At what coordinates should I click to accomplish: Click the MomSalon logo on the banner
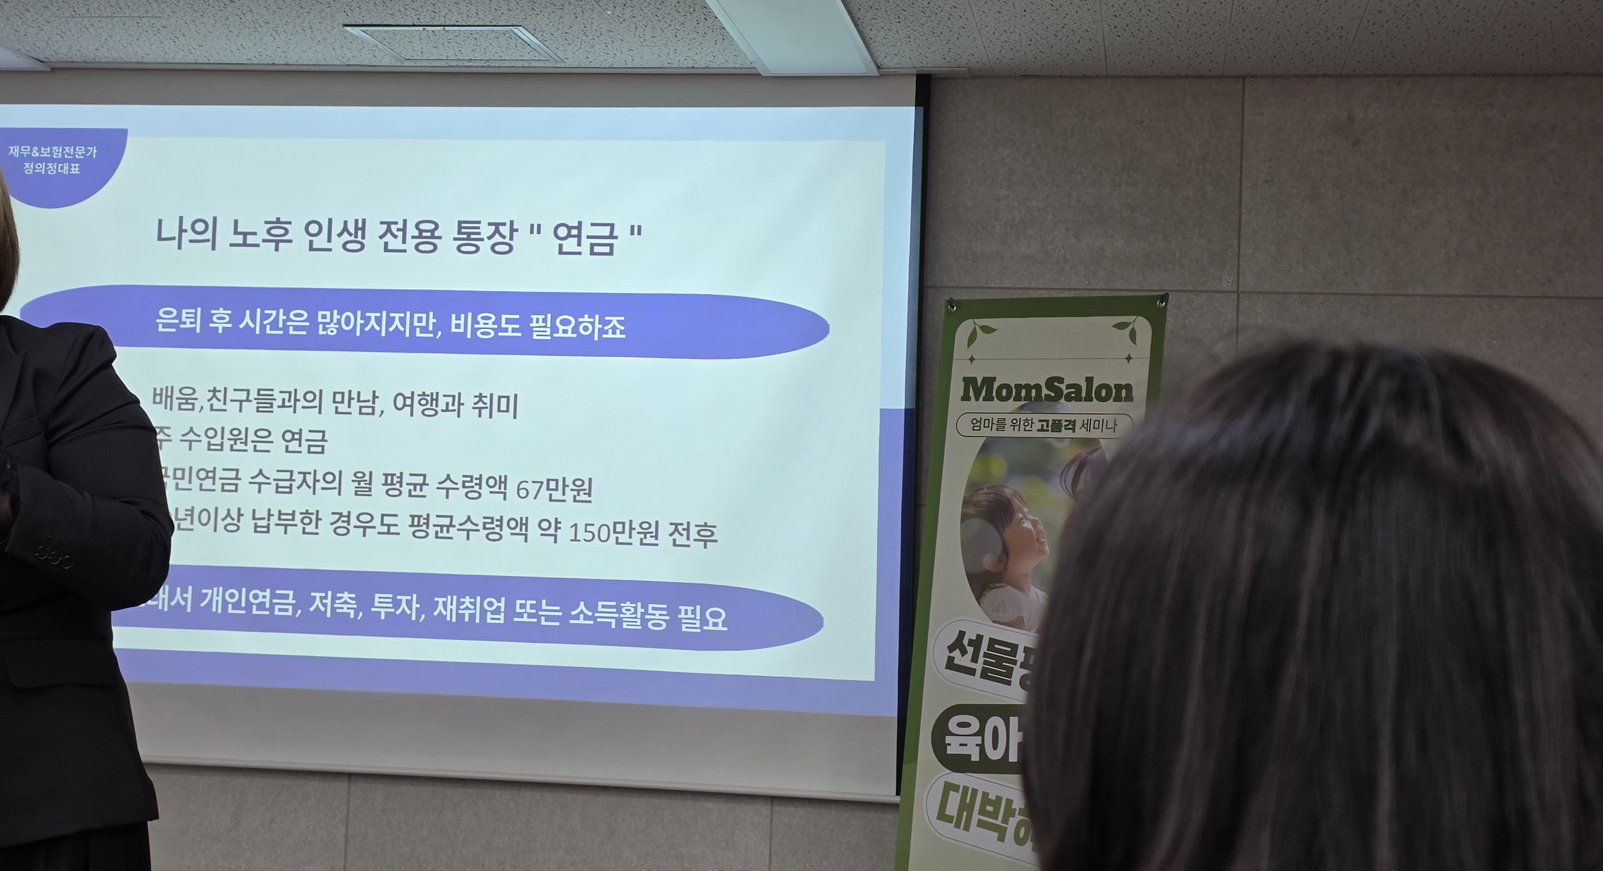click(1047, 391)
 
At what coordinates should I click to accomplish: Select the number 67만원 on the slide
click(554, 490)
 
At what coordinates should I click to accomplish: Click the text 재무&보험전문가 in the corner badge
click(53, 152)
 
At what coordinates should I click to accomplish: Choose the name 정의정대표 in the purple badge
click(52, 168)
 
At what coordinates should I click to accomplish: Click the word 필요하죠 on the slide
click(577, 327)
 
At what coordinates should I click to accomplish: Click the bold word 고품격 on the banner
click(1057, 426)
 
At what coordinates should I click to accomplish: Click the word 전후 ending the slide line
click(692, 535)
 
